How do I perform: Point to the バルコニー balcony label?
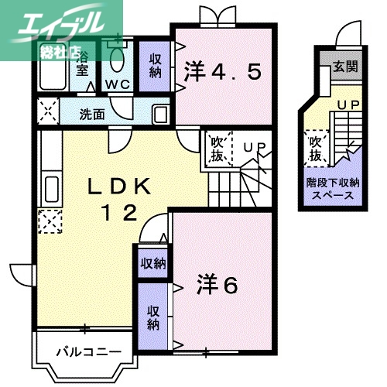pyautogui.click(x=87, y=353)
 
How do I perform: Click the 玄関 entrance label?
pyautogui.click(x=346, y=67)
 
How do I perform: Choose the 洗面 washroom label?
pyautogui.click(x=92, y=115)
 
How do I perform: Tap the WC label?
pyautogui.click(x=118, y=84)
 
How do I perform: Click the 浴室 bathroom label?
pyautogui.click(x=82, y=63)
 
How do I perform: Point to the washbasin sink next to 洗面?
pyautogui.click(x=159, y=115)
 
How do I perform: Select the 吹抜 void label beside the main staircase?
pyautogui.click(x=217, y=149)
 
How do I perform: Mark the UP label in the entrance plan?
pyautogui.click(x=347, y=103)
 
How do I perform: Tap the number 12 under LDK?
pyautogui.click(x=117, y=211)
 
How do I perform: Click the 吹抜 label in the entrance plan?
pyautogui.click(x=315, y=149)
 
